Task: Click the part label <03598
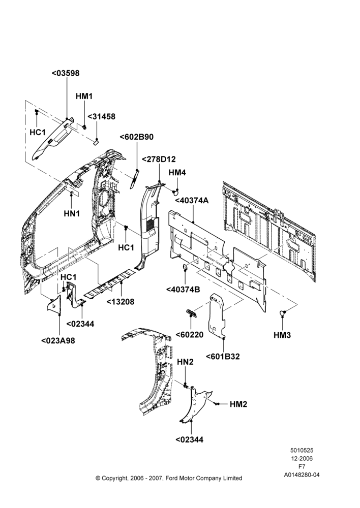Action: coord(66,73)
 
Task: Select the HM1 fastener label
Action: coord(84,96)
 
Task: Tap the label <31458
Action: coord(102,117)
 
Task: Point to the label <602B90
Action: coord(137,137)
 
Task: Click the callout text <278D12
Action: coord(159,160)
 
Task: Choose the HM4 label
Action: coord(177,173)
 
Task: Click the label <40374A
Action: coord(192,201)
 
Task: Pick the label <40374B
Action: coord(183,290)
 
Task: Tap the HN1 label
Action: coord(72,213)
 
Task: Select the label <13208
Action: coord(121,302)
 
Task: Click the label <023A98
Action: coord(58,341)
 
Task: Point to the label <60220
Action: coord(190,335)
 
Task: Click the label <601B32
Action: coord(223,357)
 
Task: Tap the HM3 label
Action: coord(282,335)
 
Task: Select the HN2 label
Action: coord(185,362)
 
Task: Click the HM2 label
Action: coord(238,404)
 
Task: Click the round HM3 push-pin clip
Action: coord(283,313)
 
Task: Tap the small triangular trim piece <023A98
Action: coord(54,304)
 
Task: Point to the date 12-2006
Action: coord(302,458)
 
